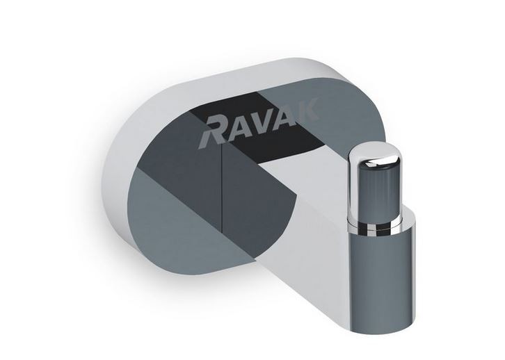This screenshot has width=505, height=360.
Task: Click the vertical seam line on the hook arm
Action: coord(222,202)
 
